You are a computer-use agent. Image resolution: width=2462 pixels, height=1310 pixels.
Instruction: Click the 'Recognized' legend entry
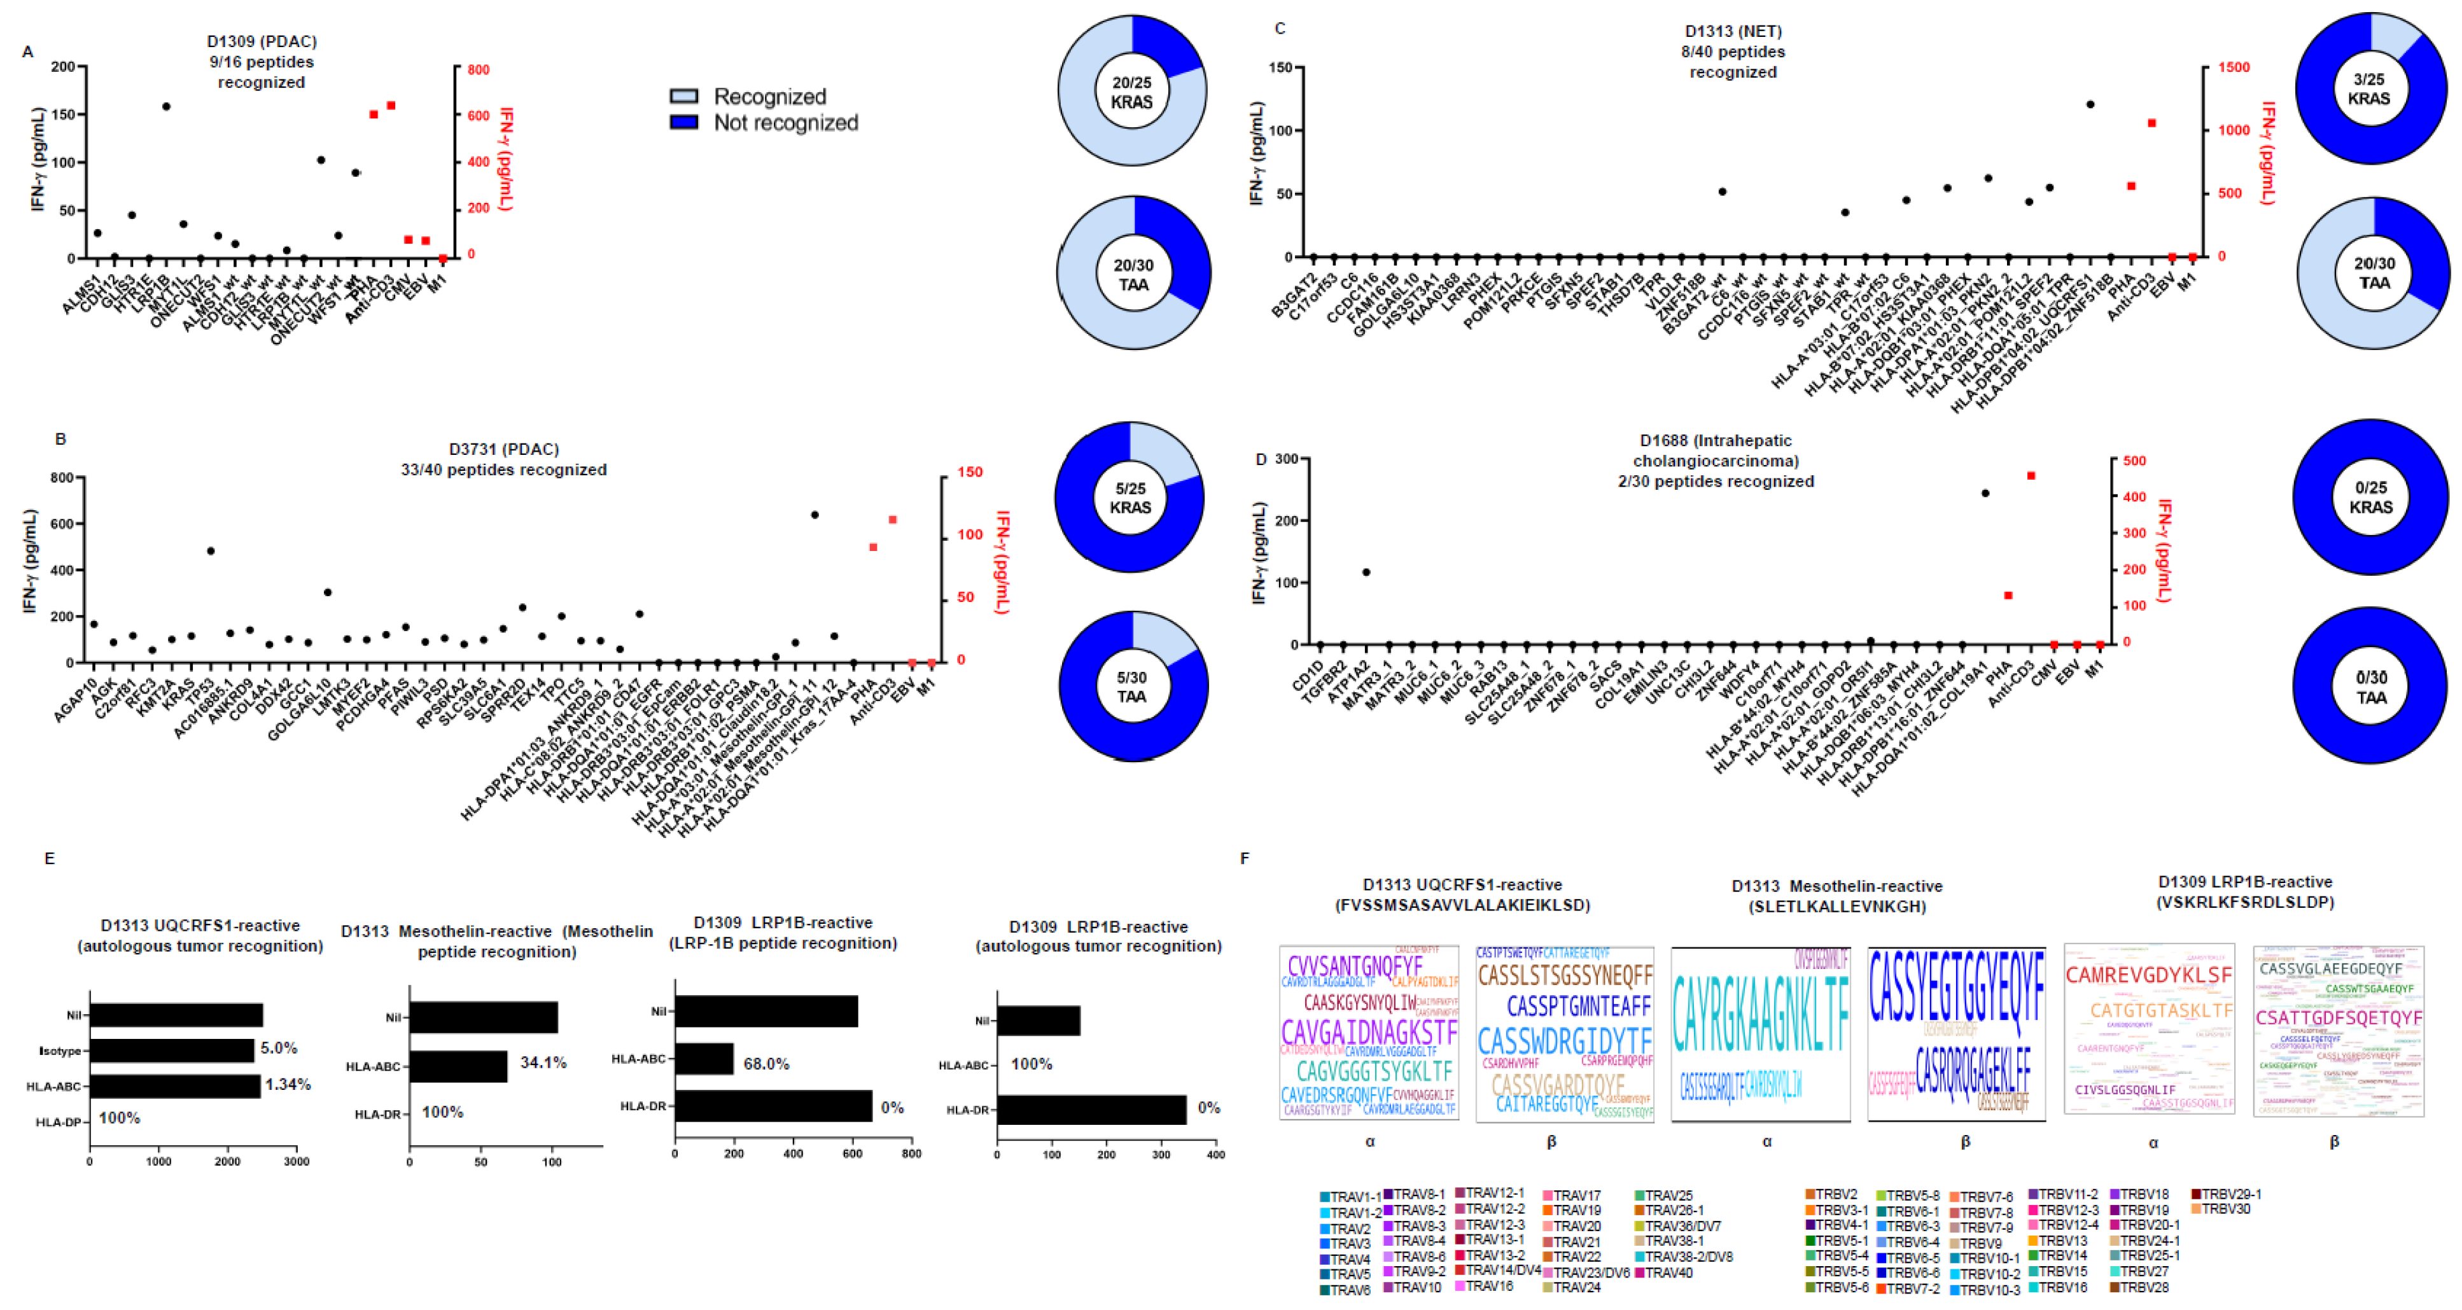(769, 97)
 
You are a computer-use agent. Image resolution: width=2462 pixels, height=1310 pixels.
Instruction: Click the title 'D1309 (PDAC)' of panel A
(261, 41)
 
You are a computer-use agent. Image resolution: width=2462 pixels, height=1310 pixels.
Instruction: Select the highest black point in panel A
(166, 106)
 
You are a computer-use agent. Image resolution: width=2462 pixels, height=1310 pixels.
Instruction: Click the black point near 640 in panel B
(815, 514)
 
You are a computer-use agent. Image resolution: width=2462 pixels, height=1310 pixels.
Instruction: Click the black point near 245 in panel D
(1985, 493)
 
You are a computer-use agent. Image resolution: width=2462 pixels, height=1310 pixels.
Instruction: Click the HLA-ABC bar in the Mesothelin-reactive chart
(459, 1066)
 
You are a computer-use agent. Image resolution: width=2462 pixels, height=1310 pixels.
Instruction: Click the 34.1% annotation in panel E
(543, 1063)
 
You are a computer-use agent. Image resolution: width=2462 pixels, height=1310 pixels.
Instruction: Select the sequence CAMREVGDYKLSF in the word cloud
(2148, 975)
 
